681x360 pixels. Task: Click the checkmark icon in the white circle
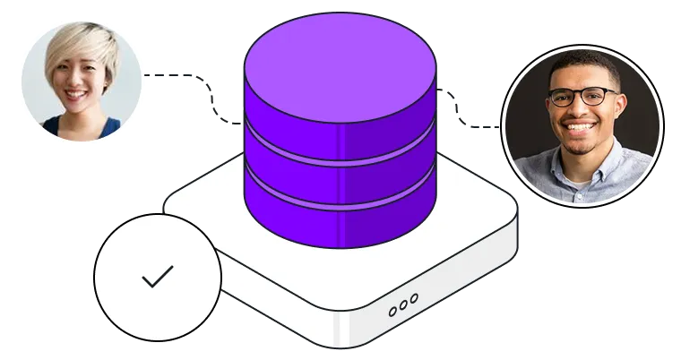[158, 278]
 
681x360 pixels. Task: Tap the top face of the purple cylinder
[340, 66]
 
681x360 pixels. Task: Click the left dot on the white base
[392, 313]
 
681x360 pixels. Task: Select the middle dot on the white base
[403, 308]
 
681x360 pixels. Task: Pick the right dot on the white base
[413, 303]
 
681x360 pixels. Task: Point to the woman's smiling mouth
[75, 94]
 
